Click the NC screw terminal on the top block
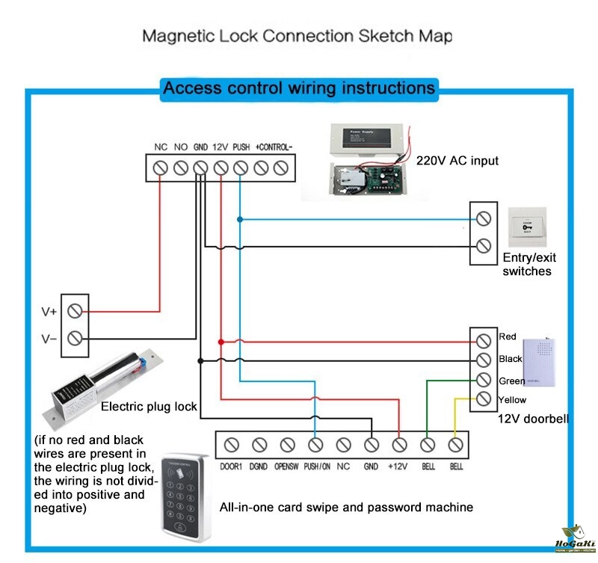point(160,168)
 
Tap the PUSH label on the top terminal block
point(241,147)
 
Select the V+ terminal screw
point(75,311)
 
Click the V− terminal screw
point(75,338)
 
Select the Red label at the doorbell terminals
point(508,336)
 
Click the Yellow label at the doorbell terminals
point(512,400)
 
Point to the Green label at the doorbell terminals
point(511,381)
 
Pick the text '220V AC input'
point(457,161)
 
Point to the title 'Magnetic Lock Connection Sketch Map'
point(297,36)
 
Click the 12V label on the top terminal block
point(221,147)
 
